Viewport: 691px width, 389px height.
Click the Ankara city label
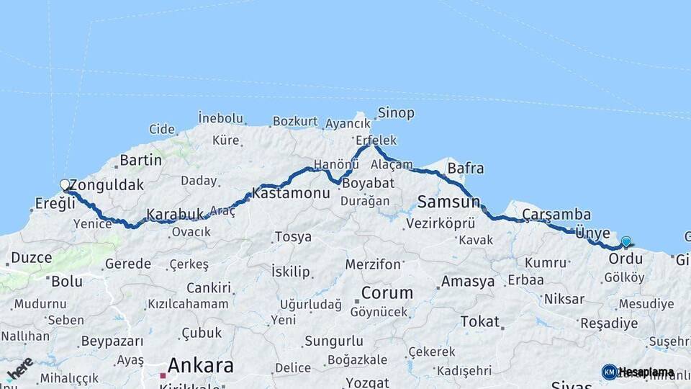click(200, 365)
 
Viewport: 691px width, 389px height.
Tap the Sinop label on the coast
click(397, 112)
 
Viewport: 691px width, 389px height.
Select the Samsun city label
click(443, 200)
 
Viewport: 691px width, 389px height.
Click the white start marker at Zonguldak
click(65, 185)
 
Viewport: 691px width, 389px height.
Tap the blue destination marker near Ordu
click(626, 242)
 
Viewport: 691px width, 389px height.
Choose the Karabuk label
click(176, 214)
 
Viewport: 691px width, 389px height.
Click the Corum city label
click(387, 293)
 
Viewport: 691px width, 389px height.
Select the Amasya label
click(468, 281)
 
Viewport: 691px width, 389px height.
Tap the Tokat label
click(479, 321)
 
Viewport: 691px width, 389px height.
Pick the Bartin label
click(141, 159)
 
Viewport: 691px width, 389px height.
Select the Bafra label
click(466, 169)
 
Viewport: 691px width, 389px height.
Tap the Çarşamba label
click(556, 214)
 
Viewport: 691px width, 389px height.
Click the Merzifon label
click(373, 264)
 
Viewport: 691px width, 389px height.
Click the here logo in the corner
click(19, 368)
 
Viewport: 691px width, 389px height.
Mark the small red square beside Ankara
click(163, 375)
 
